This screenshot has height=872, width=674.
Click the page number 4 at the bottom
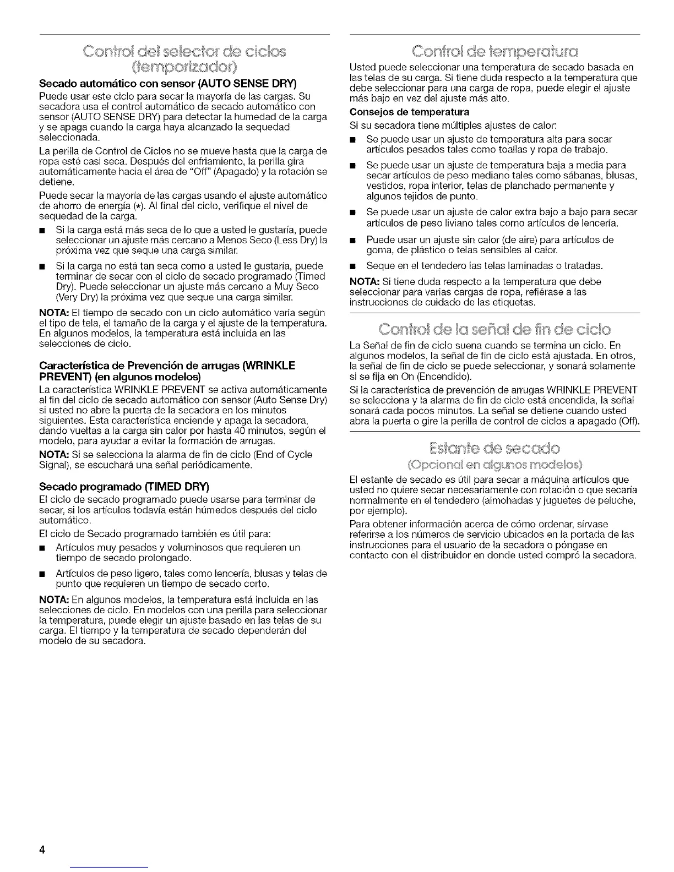[41, 848]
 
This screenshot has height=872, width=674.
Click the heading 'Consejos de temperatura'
[409, 112]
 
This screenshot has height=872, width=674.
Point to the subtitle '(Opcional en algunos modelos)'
[494, 462]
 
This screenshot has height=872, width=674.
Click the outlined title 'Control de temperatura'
[494, 55]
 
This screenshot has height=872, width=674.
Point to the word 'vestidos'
[384, 186]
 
